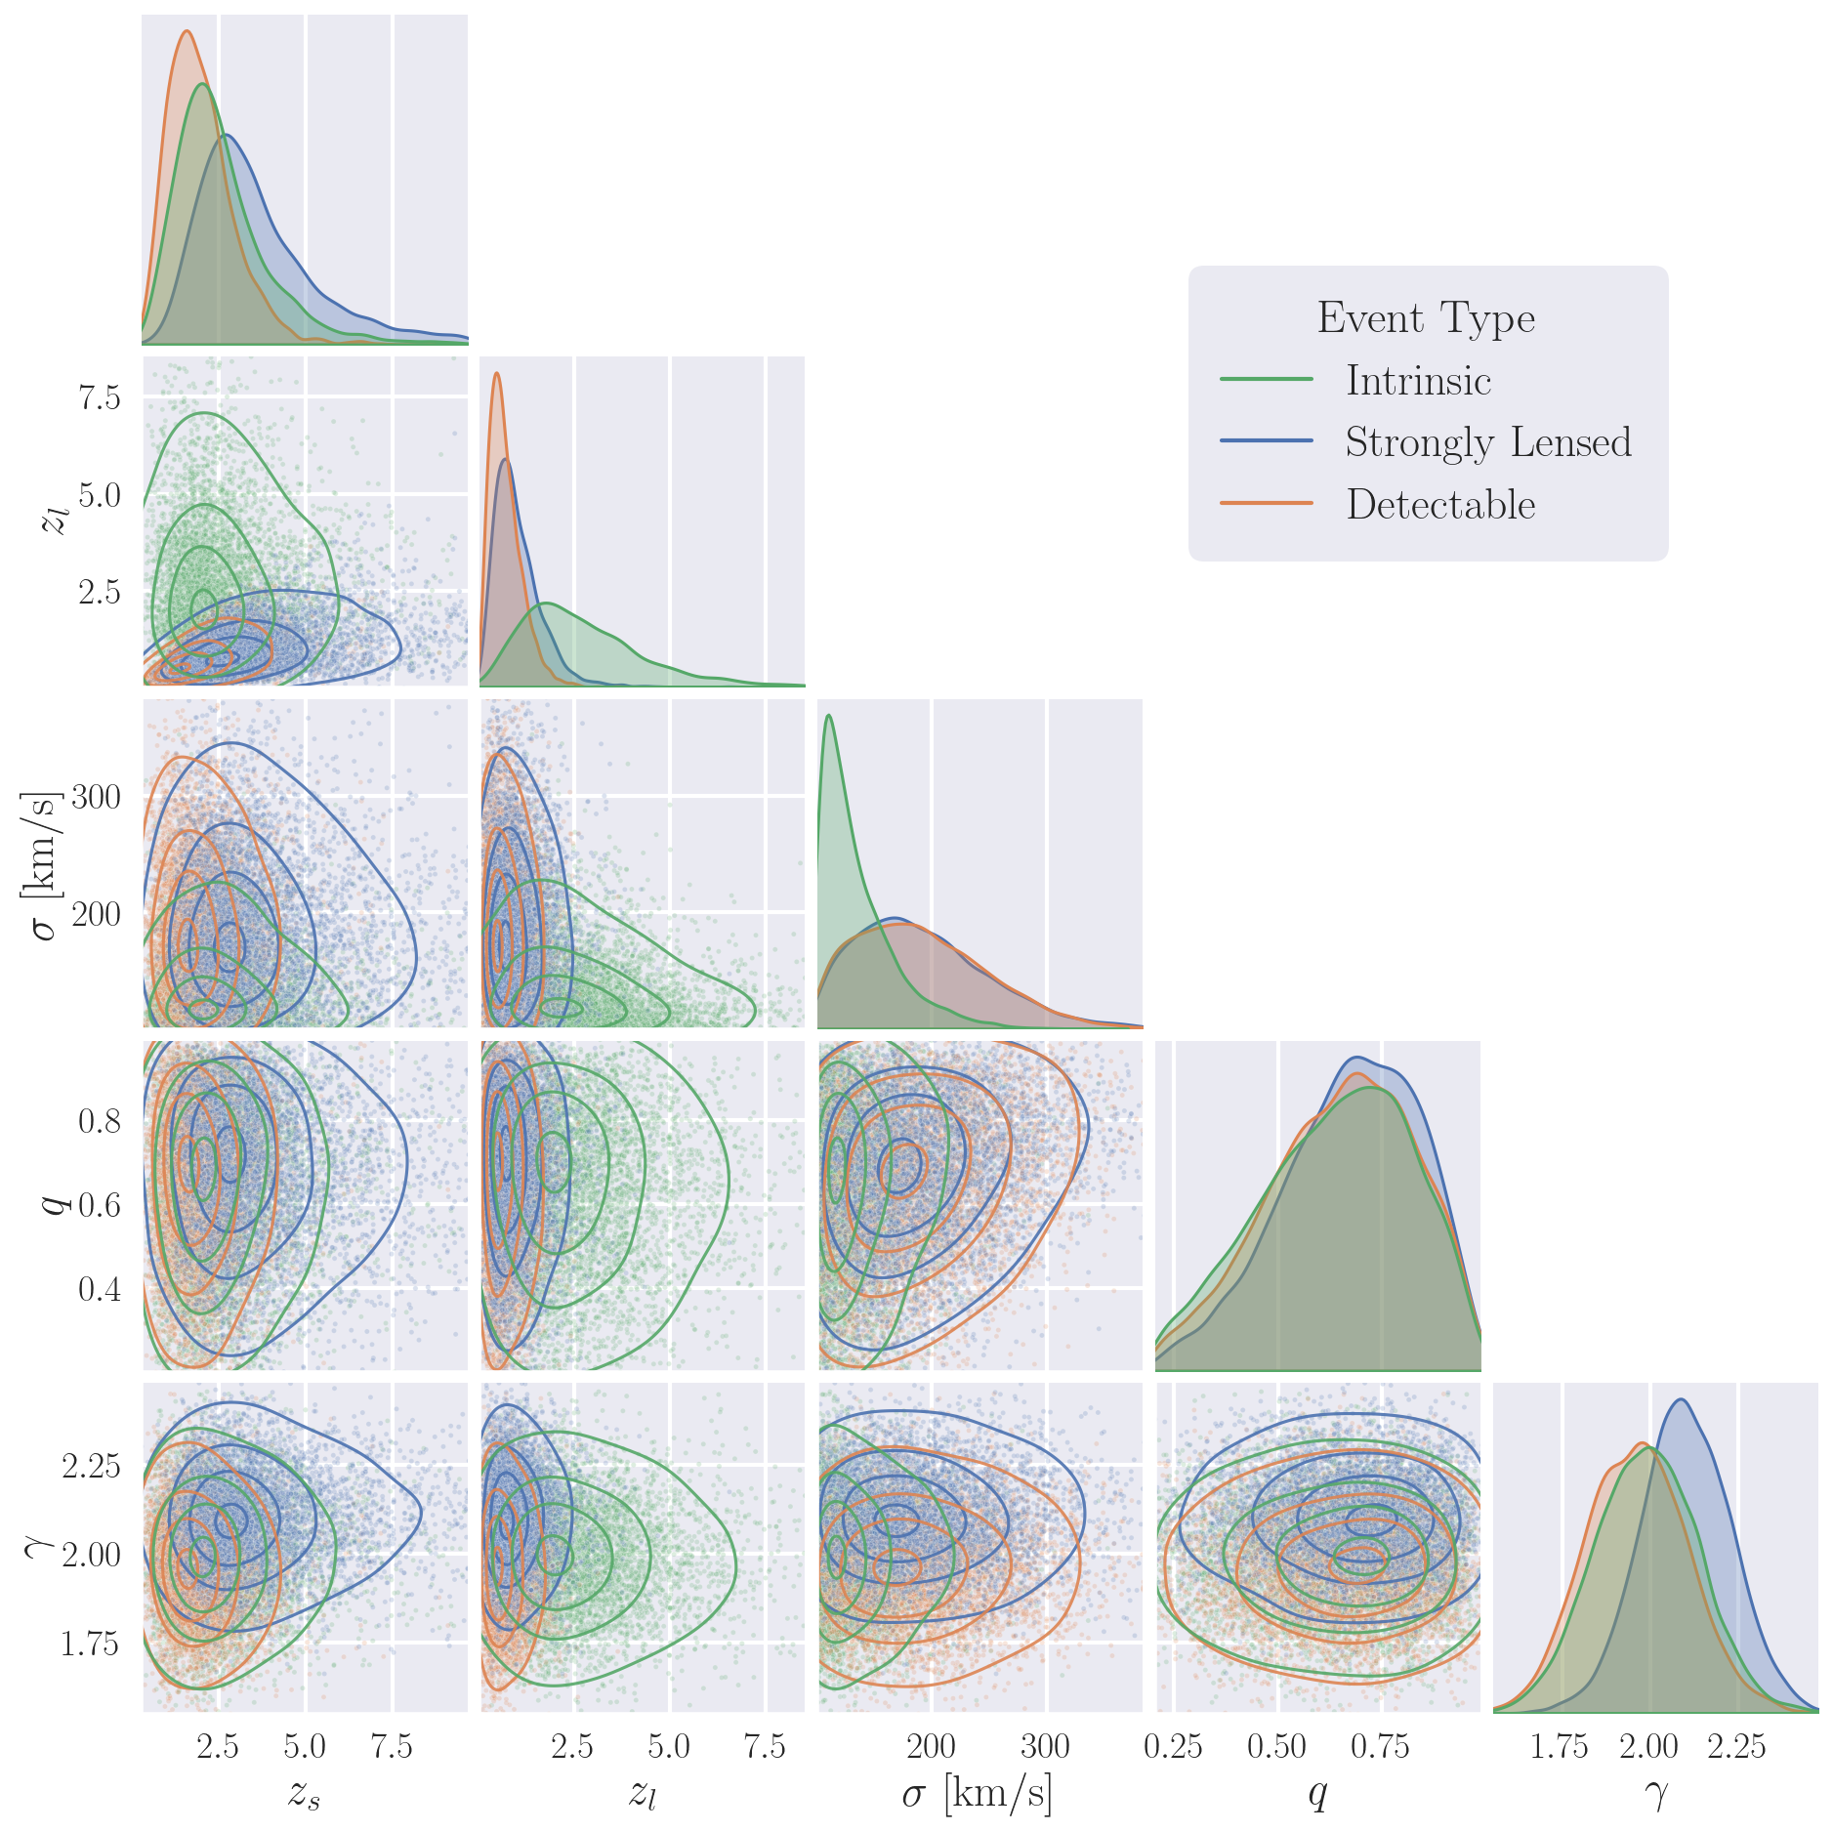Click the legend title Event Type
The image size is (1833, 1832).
coord(1426,318)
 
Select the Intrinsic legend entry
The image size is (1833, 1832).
coord(1418,381)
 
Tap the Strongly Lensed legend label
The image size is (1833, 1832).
coord(1487,442)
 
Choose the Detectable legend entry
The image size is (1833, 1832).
coord(1440,505)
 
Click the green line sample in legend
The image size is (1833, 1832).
coord(1267,379)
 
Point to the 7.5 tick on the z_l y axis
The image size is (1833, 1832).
coord(100,397)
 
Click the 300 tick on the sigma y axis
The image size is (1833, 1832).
coord(96,798)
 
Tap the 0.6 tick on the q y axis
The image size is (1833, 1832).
coord(100,1205)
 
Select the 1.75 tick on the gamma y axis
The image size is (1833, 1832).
coord(90,1645)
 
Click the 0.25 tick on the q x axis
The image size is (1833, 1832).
coord(1173,1746)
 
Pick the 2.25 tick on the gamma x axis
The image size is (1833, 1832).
coord(1736,1746)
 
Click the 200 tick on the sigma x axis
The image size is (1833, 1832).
coord(931,1746)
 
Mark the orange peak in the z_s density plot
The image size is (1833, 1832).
coord(187,31)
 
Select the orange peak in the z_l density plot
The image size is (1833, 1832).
coord(497,373)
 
